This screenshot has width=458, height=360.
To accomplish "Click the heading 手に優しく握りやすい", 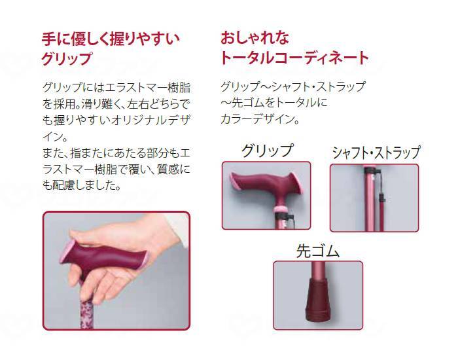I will (x=110, y=37).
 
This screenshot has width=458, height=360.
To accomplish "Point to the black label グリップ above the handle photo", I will (x=267, y=151).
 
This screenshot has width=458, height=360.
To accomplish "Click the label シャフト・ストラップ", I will (x=376, y=154).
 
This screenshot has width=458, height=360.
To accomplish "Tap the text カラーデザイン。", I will (x=260, y=120).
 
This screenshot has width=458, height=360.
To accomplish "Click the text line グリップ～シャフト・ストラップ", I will (x=292, y=87).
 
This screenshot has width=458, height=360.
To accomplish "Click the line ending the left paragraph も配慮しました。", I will (x=80, y=185).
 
